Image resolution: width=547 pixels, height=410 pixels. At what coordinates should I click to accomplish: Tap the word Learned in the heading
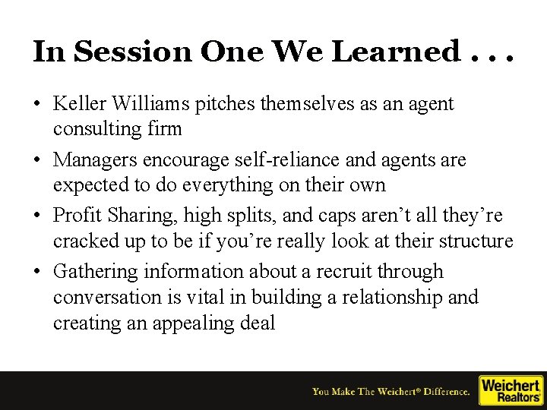tap(404, 52)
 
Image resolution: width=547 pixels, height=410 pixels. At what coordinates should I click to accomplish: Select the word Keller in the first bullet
tap(81, 104)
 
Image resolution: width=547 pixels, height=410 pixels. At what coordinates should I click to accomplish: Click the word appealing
tap(191, 323)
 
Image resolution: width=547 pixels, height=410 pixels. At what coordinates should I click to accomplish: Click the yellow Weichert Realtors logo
tap(510, 390)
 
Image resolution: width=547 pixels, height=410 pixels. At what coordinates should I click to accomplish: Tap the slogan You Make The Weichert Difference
tap(390, 392)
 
